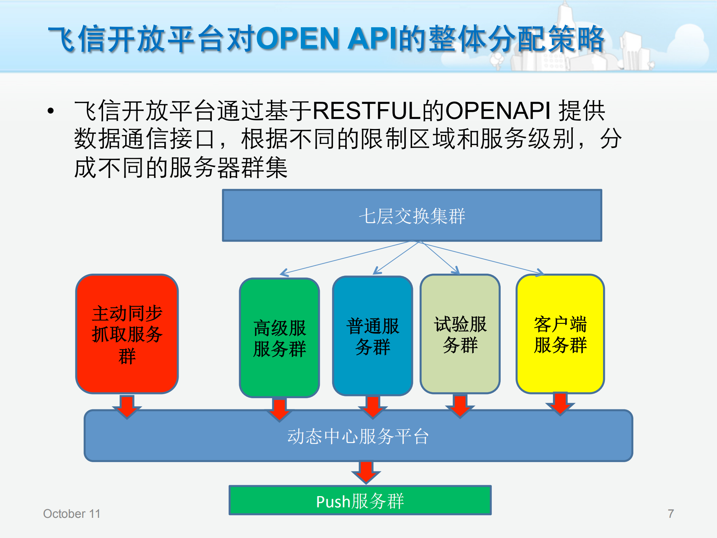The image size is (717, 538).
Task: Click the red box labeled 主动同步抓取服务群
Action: tap(127, 333)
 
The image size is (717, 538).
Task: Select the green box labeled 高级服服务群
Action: tap(279, 338)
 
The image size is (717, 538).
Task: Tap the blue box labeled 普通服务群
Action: tap(372, 336)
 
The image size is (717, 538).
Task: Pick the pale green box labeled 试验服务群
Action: tap(460, 334)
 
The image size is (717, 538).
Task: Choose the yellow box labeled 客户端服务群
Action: tap(560, 334)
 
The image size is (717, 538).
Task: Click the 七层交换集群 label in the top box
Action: tap(412, 216)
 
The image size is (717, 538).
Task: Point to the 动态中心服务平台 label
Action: tap(358, 436)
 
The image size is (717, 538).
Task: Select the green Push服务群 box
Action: tap(360, 500)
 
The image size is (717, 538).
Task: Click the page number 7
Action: tap(671, 514)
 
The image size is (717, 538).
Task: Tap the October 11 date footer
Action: tap(72, 514)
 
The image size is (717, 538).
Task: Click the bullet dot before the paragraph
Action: tap(51, 111)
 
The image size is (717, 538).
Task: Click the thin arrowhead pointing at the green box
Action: tap(284, 273)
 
